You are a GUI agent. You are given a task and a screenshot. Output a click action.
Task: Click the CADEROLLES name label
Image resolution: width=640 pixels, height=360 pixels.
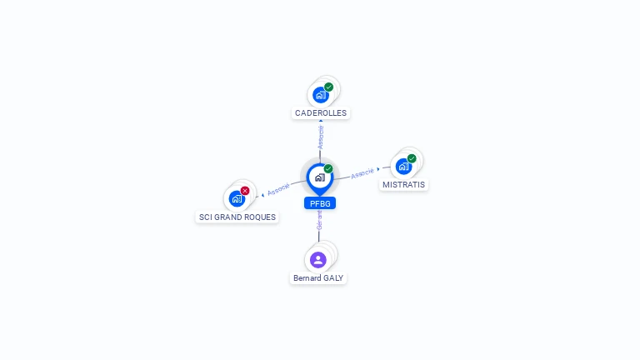click(321, 113)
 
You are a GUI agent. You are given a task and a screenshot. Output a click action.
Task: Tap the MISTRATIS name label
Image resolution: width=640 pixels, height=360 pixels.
click(403, 185)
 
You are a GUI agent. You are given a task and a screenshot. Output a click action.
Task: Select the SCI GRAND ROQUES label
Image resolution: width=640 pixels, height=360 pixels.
click(237, 217)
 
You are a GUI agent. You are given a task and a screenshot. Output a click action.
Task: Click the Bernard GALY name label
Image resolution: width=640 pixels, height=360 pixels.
click(318, 278)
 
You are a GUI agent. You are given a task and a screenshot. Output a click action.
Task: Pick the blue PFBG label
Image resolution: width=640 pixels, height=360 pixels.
click(320, 203)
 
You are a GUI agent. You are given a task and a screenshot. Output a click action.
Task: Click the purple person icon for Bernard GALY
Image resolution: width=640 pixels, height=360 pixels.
click(318, 260)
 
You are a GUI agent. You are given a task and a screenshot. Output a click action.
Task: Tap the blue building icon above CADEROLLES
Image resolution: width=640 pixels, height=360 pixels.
click(321, 95)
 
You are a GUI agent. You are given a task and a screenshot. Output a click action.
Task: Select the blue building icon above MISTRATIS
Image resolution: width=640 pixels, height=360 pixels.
click(403, 167)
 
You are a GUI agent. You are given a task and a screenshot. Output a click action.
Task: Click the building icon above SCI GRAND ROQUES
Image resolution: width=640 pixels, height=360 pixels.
click(237, 199)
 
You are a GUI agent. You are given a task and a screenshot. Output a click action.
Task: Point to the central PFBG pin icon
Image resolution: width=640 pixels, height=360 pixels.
click(320, 179)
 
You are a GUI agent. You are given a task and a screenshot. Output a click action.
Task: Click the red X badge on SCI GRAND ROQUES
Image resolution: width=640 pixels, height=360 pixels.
click(245, 191)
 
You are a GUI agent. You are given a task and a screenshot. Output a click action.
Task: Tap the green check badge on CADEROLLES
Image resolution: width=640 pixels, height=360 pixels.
click(329, 87)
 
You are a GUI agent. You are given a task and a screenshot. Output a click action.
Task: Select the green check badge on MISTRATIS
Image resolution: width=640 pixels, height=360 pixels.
click(412, 158)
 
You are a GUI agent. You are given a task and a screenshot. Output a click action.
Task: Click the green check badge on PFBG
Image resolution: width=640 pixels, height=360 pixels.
click(328, 168)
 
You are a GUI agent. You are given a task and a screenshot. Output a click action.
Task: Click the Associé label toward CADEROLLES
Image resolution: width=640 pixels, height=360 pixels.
click(321, 137)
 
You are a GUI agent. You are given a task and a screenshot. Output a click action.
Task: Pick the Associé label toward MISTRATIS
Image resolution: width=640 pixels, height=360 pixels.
click(362, 173)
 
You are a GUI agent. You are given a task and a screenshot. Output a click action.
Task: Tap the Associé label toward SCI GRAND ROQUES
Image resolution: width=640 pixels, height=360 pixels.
click(278, 189)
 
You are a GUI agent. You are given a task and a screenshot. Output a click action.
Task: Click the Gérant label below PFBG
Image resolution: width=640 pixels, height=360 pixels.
click(320, 220)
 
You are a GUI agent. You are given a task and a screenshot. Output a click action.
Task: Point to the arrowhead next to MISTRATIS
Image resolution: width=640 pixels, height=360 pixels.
click(378, 169)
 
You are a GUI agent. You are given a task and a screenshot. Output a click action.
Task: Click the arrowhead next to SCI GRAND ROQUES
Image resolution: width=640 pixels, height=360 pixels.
click(262, 195)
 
